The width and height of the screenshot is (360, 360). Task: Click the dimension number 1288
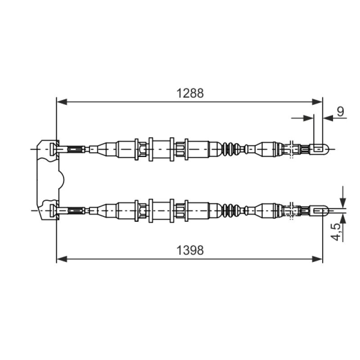pos(190,93)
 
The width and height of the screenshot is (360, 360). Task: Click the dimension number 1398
pos(190,250)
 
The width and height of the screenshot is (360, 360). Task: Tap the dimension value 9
pos(341,112)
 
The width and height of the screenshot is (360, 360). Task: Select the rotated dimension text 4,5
pos(337,232)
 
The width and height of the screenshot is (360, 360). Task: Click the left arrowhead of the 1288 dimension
pos(62,102)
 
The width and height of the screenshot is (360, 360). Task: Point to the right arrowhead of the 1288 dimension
pos(317,102)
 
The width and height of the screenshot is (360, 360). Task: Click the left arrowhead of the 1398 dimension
pos(62,259)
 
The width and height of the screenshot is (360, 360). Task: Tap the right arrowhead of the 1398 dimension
pos(317,259)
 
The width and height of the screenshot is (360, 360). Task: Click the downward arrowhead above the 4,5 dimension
pos(343,202)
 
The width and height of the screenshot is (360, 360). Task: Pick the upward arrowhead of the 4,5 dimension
pos(343,219)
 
